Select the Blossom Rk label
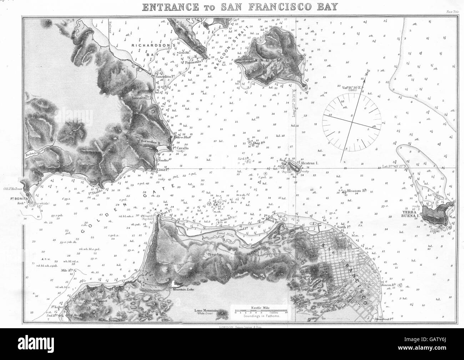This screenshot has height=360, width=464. pos(358,191)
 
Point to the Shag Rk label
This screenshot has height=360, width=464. pos(258,144)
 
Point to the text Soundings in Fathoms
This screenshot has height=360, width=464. pos(256,316)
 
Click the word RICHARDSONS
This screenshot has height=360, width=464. pos(148,46)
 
